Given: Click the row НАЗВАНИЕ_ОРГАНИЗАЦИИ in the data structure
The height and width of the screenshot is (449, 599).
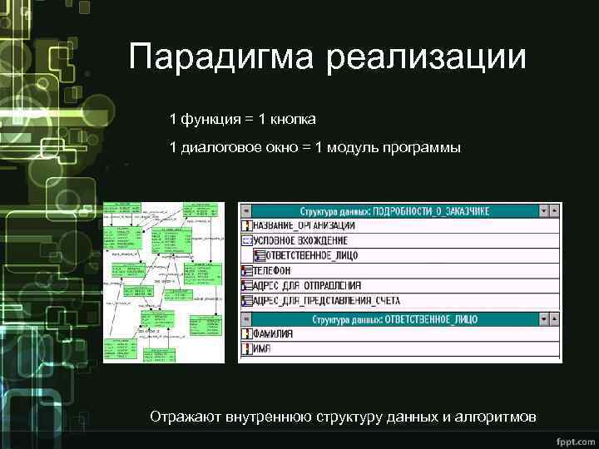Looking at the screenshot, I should pos(304,225).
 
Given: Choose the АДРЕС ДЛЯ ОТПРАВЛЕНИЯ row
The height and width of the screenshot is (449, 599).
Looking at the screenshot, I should pos(311,285).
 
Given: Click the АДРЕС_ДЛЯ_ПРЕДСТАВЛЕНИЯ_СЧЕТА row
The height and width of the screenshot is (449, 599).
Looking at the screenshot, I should pos(326,300).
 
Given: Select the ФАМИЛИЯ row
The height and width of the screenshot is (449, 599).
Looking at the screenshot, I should pos(275,333).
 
